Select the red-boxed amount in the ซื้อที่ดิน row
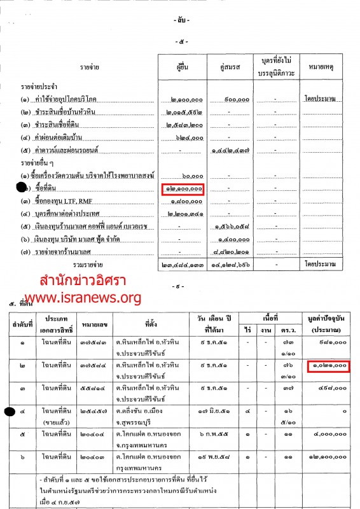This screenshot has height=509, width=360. pyautogui.click(x=183, y=189)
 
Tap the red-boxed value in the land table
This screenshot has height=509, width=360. pyautogui.click(x=329, y=365)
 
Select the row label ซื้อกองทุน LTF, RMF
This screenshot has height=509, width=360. pyautogui.click(x=60, y=201)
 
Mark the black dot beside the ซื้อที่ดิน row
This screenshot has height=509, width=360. pyautogui.click(x=22, y=188)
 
